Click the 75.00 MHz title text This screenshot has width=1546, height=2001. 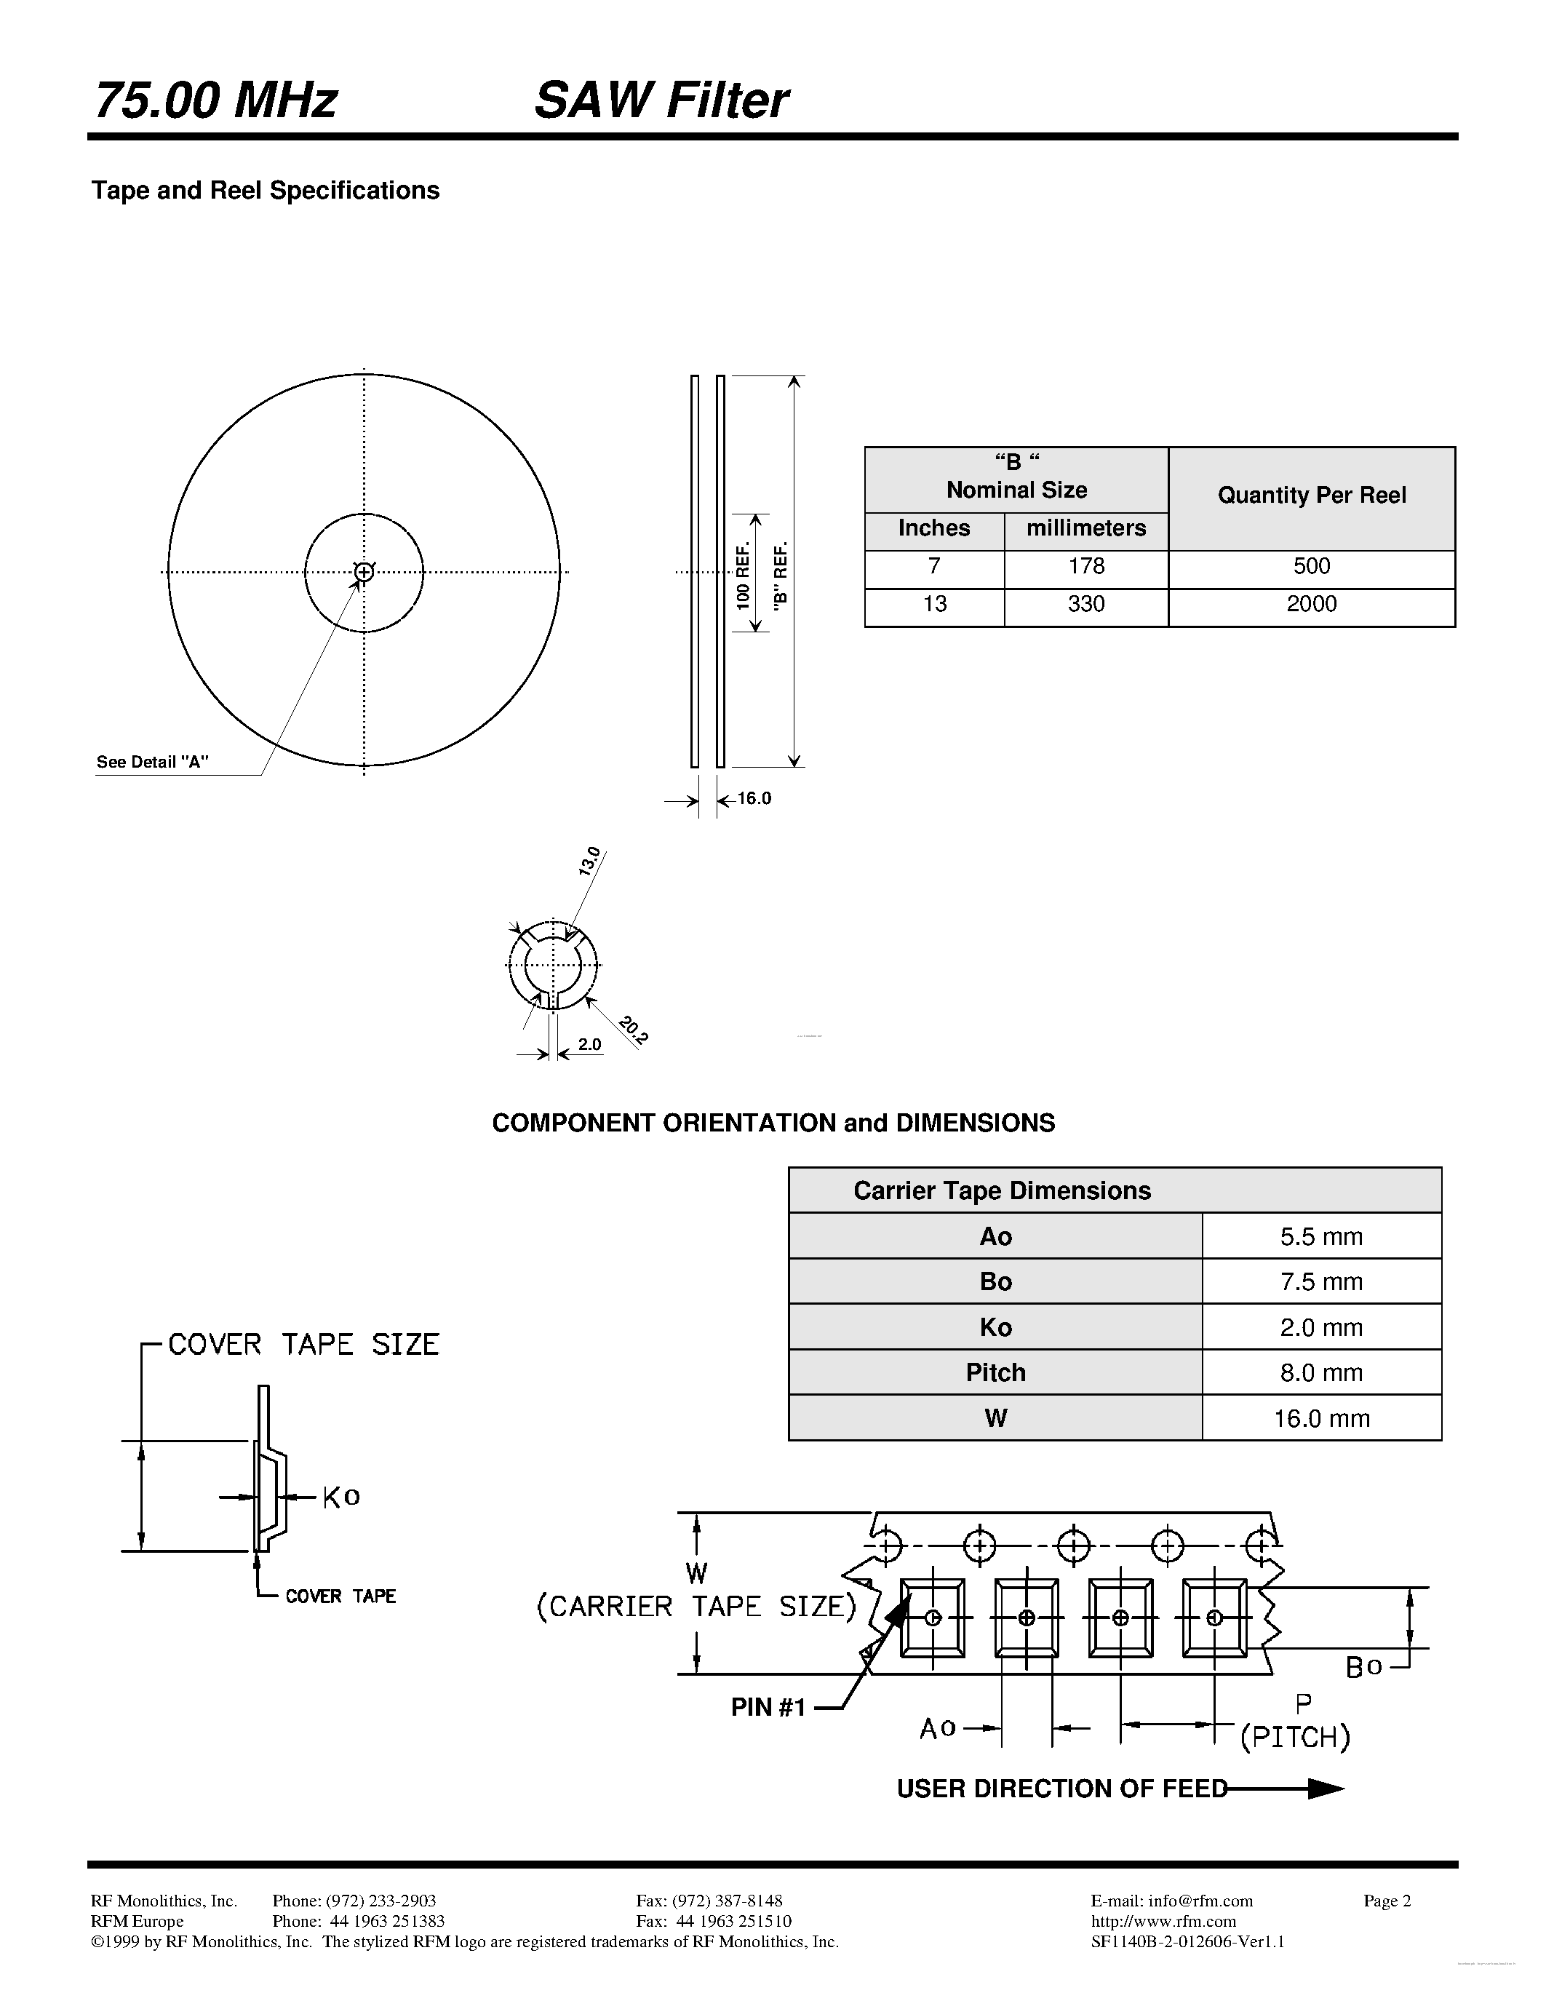216,101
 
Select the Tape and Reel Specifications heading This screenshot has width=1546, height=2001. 265,191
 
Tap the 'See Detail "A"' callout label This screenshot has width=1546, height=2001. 152,763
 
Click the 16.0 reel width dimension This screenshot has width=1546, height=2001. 754,799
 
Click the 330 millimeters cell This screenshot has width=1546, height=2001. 1085,605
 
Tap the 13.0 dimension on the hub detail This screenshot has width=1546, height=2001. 590,862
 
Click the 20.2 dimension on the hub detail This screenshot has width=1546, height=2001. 633,1031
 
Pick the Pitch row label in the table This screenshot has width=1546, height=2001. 995,1372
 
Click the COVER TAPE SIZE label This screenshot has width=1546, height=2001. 303,1345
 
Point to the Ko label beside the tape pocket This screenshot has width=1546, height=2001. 340,1497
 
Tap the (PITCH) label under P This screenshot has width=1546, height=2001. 1294,1738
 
